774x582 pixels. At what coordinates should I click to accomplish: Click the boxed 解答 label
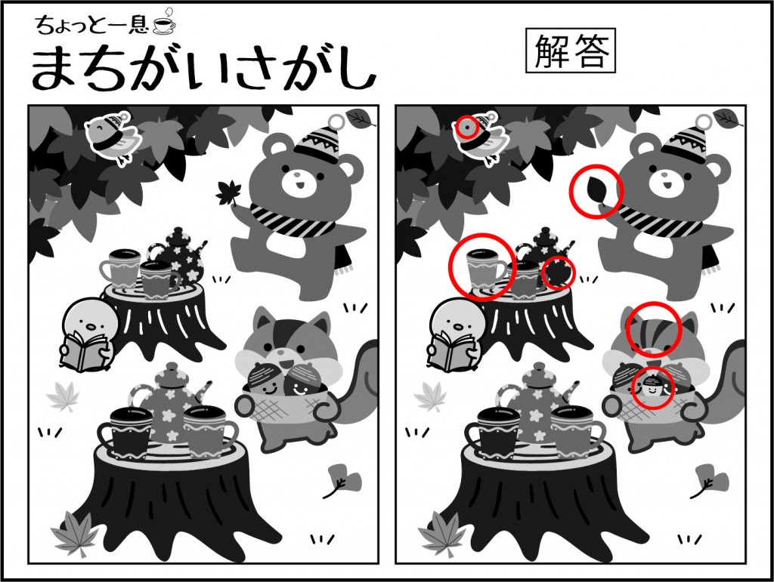(570, 51)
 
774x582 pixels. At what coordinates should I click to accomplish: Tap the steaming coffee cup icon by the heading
(164, 23)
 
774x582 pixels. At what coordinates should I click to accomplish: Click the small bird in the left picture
(113, 135)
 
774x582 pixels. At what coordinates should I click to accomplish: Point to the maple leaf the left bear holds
(227, 193)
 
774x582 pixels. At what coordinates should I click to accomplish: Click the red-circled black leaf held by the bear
(596, 191)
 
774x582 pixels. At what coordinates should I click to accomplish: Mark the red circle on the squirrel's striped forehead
(654, 328)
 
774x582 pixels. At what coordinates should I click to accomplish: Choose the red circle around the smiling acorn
(652, 387)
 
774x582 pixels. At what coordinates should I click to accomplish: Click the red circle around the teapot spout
(559, 273)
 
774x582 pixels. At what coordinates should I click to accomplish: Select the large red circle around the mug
(481, 266)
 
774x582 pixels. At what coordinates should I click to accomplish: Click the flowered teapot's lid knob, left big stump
(172, 368)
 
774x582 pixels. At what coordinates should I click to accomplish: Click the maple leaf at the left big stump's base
(74, 532)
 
